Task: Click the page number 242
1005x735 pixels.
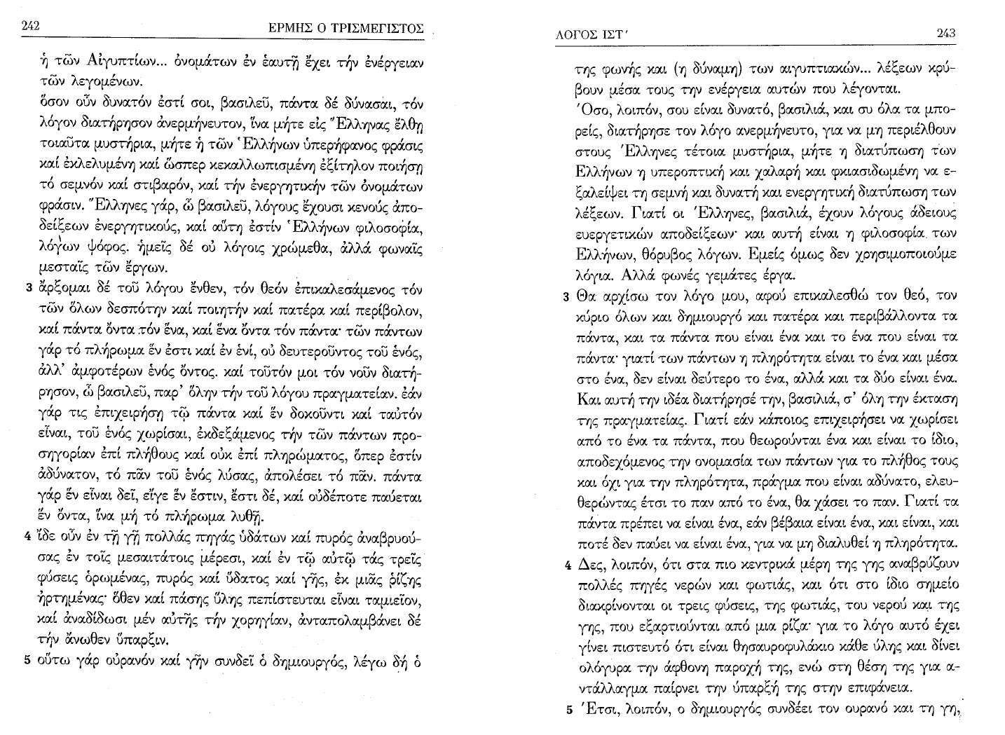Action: [30, 26]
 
